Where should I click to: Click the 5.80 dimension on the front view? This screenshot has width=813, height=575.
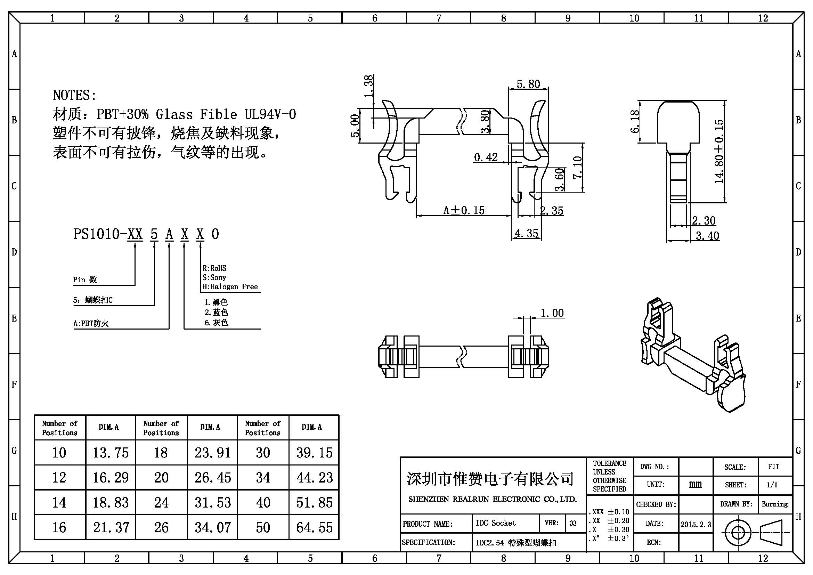pos(528,84)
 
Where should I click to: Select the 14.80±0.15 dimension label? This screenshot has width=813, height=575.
pos(719,152)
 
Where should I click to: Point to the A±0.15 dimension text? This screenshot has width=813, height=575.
pos(464,210)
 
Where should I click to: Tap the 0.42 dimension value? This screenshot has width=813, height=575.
pos(486,157)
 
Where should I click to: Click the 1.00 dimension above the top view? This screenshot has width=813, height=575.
pos(552,313)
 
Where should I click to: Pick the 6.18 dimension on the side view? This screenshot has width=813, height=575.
pos(635,121)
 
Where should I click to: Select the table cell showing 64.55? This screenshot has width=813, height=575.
pos(315,528)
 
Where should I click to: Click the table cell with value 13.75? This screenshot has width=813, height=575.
pos(111,453)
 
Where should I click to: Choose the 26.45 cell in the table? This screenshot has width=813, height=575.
pos(213,478)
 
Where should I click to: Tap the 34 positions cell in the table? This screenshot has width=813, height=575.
pos(263,478)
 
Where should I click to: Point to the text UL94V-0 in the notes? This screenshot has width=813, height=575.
pos(270,114)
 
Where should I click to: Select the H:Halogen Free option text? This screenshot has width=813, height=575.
pos(230,287)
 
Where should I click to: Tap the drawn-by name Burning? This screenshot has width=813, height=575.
pos(775,504)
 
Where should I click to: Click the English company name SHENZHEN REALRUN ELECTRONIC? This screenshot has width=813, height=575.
pos(493,499)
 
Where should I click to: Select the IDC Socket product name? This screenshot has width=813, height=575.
pos(496,523)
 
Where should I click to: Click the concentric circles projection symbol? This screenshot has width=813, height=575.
pos(738,533)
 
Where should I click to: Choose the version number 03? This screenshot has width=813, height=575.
pos(573,523)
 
